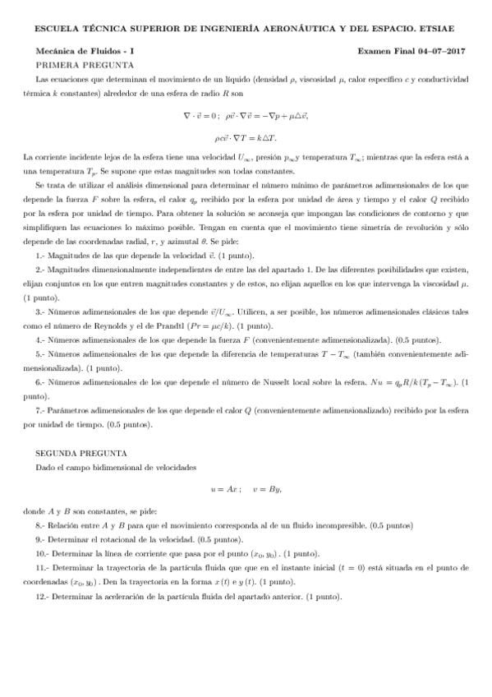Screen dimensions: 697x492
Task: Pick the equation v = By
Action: [x=268, y=489]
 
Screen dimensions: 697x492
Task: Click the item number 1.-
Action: [x=42, y=234]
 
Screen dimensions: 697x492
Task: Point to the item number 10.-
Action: [x=44, y=553]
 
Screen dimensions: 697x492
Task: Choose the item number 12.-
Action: [x=44, y=596]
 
